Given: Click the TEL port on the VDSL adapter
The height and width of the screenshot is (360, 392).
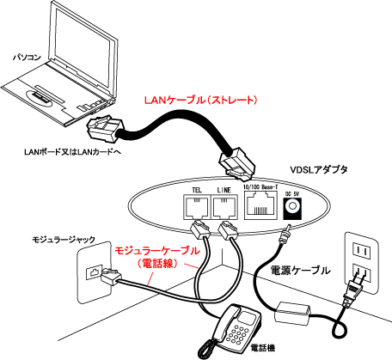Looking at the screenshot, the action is coord(196,207).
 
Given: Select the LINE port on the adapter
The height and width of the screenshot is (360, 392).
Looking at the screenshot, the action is coord(224,207).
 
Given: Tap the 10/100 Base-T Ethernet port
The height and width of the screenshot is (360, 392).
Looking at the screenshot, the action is coord(260,205).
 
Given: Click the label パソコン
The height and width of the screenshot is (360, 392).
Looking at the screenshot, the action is coord(27,58).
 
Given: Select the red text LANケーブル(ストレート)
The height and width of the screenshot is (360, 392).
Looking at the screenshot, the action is coord(201,101).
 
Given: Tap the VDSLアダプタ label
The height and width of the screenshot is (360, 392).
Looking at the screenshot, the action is coord(319,169).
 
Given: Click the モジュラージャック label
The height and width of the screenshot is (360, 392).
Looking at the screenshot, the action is coord(64,240).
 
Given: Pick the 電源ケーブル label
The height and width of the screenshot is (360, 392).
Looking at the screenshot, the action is coord(300,271).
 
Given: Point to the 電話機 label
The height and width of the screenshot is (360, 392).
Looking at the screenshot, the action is coord(263,348).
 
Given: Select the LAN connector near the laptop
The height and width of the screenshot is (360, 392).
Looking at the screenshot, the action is coord(106,130).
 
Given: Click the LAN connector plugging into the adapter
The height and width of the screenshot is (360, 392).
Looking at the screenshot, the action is coord(237,165).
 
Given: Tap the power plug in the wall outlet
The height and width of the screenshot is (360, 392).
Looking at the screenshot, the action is coord(354,290).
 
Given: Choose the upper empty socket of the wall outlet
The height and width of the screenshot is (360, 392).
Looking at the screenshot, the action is coord(361,251).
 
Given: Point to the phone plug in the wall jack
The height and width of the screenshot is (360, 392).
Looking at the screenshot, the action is coord(111,277).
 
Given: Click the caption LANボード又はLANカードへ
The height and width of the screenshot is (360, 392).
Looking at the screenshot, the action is coord(72,152).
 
